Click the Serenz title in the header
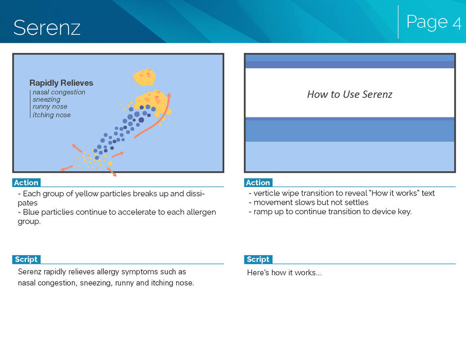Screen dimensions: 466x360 47,28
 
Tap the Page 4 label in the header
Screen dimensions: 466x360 433,22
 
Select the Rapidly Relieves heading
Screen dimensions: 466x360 61,83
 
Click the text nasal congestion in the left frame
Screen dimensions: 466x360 59,92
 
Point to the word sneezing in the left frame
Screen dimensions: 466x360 47,99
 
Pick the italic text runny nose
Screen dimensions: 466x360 50,107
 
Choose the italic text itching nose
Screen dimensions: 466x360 52,115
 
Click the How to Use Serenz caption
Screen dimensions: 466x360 349,95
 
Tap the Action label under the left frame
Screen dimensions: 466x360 26,183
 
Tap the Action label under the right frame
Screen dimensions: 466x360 258,183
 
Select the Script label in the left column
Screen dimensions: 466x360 26,259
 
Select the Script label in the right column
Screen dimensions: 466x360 258,259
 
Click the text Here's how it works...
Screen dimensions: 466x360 284,273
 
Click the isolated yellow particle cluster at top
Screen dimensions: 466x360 144,78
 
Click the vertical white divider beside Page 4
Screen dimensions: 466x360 398,22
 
